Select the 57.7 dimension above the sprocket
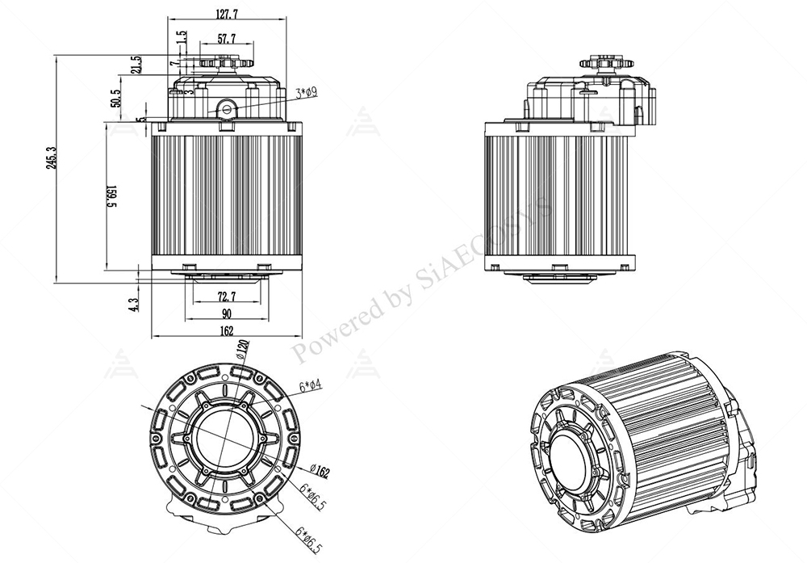[x=227, y=38]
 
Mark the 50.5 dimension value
[x=115, y=98]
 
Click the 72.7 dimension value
[x=227, y=296]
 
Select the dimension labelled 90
[x=227, y=313]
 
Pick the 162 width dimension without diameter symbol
[x=226, y=330]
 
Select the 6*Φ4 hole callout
[x=311, y=387]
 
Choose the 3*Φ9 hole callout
[x=306, y=93]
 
